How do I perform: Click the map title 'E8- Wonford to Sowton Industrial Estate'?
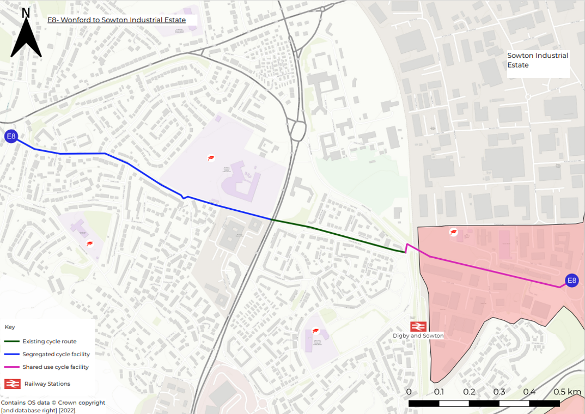click(x=117, y=20)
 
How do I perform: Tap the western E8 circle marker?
click(x=11, y=136)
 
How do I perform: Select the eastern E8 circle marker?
click(x=571, y=281)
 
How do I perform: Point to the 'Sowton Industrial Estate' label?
click(x=537, y=60)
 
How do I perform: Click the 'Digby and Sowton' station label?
click(x=418, y=336)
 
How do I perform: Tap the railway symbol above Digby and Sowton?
click(x=418, y=326)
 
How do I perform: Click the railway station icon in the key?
click(x=12, y=383)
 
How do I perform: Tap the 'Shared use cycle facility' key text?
click(x=55, y=367)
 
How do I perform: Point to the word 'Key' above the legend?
click(x=10, y=327)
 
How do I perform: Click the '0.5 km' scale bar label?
click(x=567, y=392)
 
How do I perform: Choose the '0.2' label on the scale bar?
click(x=469, y=392)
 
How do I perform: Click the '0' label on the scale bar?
click(x=409, y=392)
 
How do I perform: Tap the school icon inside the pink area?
click(x=453, y=233)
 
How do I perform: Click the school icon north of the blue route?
click(x=210, y=158)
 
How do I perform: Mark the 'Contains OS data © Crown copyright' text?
click(x=53, y=403)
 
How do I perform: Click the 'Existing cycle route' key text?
click(x=49, y=342)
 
